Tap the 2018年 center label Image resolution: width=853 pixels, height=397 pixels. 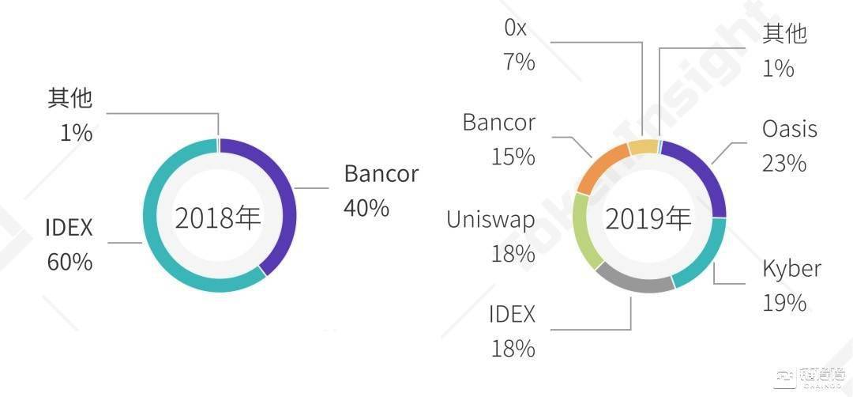(218, 218)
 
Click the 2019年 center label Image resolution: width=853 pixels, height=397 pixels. (648, 219)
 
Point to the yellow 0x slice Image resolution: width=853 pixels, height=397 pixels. (644, 147)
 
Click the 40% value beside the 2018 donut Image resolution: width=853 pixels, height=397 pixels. (366, 207)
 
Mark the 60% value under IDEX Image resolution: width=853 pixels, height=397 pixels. (70, 262)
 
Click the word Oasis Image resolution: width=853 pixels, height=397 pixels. (790, 129)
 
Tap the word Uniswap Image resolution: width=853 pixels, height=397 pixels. (490, 221)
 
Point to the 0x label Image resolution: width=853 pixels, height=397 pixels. (516, 28)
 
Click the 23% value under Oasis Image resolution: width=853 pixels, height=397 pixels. (784, 163)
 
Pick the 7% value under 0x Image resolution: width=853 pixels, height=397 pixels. (520, 62)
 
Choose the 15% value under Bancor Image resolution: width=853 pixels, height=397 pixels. (513, 157)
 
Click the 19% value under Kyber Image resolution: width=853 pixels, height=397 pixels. (784, 303)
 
